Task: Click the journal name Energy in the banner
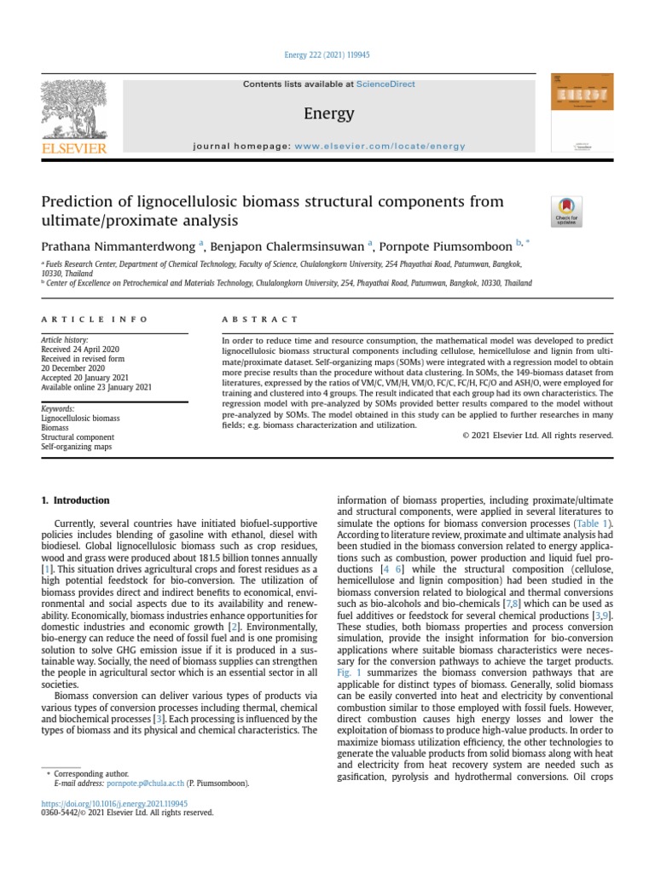coord(328,113)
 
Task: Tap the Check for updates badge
coord(567,211)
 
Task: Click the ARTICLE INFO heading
coord(95,320)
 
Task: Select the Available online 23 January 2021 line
coord(96,386)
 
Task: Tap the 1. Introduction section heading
coord(76,500)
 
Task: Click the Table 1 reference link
coord(593,523)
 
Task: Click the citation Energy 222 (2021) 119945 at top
coord(327,55)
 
